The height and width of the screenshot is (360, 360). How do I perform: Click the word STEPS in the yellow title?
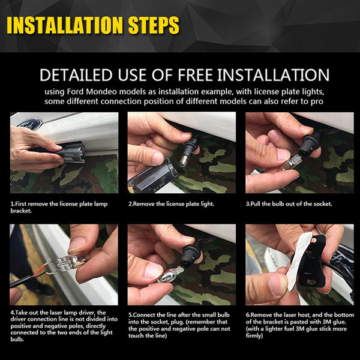click(154, 25)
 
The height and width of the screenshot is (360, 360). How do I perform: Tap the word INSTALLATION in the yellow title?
click(65, 25)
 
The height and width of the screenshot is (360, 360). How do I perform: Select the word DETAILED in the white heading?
click(76, 75)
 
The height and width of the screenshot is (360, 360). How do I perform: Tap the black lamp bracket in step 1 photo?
click(70, 152)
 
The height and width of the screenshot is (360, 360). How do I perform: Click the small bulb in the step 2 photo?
click(184, 160)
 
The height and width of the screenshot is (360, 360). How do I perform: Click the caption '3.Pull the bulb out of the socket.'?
click(289, 204)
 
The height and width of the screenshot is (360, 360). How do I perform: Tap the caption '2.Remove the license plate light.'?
click(171, 204)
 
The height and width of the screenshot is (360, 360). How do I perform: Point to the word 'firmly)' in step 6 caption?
click(254, 335)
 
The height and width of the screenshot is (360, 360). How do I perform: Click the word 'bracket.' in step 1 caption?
click(21, 211)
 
